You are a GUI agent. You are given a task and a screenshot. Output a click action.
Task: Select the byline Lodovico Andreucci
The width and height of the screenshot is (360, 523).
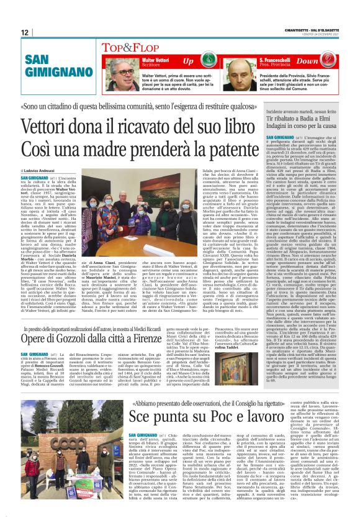40,169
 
